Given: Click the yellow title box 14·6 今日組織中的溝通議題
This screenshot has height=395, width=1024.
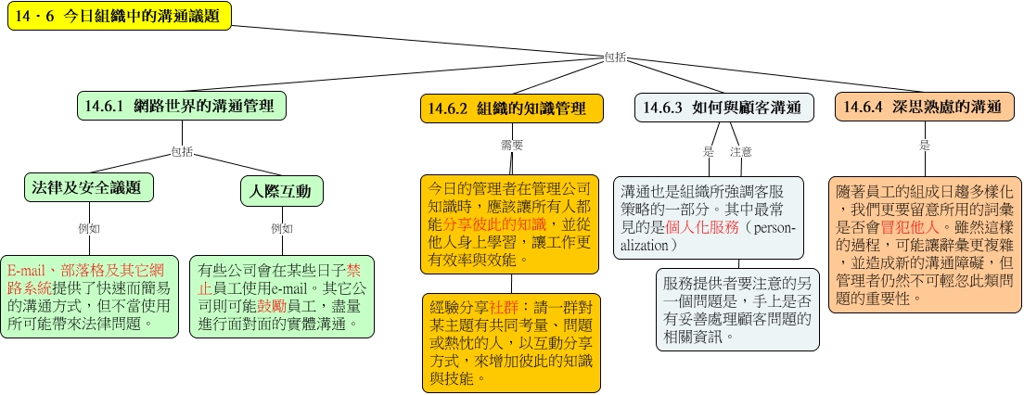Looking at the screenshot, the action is tap(120, 17).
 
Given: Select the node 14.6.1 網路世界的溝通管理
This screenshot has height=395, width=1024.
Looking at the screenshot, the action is tap(182, 107).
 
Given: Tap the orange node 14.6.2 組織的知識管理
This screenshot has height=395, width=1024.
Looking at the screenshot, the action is tap(511, 108).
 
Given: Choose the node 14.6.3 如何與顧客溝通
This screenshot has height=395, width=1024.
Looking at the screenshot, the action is tap(725, 108).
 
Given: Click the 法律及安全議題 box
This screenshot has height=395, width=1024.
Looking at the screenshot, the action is tap(89, 188).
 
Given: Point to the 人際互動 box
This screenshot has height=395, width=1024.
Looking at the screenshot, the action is tap(281, 191).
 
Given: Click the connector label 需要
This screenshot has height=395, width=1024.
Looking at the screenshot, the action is tap(512, 146).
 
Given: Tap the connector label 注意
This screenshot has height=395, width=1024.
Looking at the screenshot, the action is tap(741, 152).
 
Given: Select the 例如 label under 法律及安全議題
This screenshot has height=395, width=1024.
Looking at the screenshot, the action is tap(89, 228).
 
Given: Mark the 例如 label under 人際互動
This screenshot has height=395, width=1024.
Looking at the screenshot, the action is tap(282, 228).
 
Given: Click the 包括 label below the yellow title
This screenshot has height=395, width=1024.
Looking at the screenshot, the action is tap(615, 57).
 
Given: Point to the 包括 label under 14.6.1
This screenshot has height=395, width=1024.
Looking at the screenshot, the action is tap(182, 152).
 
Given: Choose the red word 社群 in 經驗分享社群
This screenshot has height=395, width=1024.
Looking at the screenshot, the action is tap(505, 305).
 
